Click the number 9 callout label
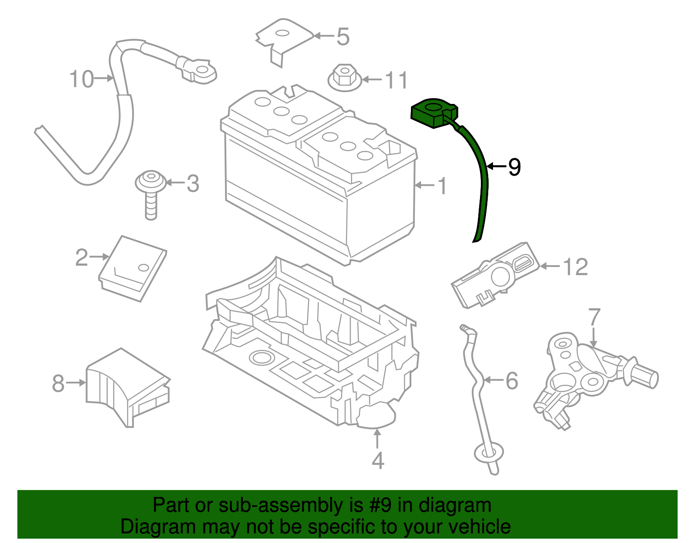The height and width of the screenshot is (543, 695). click(514, 167)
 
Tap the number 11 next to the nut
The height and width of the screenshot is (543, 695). click(397, 80)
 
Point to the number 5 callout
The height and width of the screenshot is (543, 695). click(343, 37)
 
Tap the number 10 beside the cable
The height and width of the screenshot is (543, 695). click(81, 79)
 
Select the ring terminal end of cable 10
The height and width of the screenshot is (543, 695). click(201, 70)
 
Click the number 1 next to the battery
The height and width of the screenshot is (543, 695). click(442, 186)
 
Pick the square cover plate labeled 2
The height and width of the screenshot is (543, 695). click(132, 268)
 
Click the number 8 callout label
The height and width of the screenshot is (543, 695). click(58, 383)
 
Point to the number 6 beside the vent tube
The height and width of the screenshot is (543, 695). click(512, 381)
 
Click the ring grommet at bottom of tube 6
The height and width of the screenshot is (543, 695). click(488, 453)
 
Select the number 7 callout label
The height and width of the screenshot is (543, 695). click(594, 317)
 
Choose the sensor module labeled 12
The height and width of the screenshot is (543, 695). click(495, 276)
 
